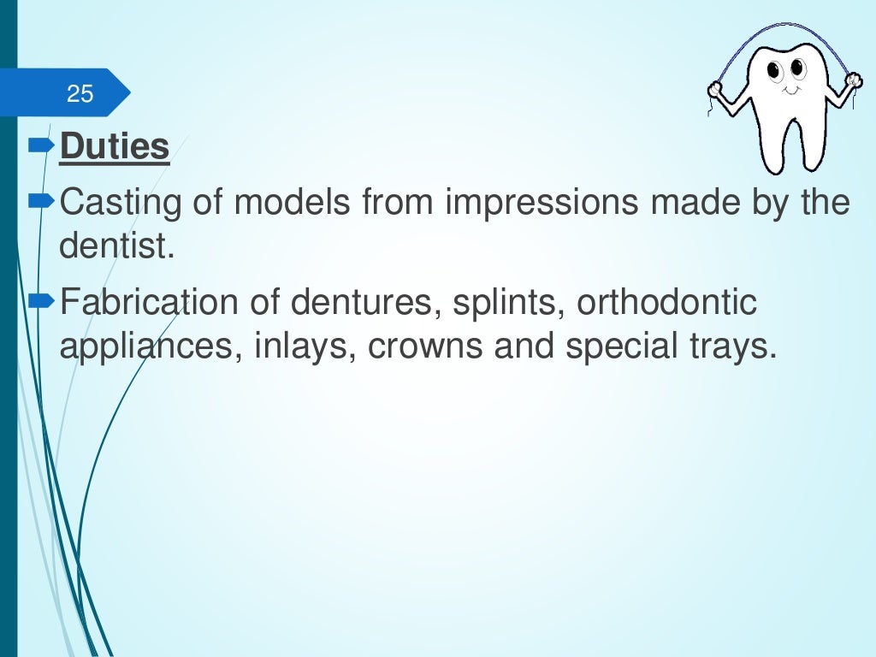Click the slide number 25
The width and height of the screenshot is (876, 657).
pyautogui.click(x=80, y=93)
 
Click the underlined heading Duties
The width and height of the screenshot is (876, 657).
pyautogui.click(x=115, y=147)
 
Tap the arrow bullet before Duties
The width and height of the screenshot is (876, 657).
pyautogui.click(x=41, y=146)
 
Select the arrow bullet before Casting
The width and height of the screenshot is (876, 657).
pyautogui.click(x=41, y=203)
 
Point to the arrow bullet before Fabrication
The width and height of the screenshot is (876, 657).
pyautogui.click(x=41, y=300)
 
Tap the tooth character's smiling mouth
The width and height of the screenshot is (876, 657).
pyautogui.click(x=790, y=88)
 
